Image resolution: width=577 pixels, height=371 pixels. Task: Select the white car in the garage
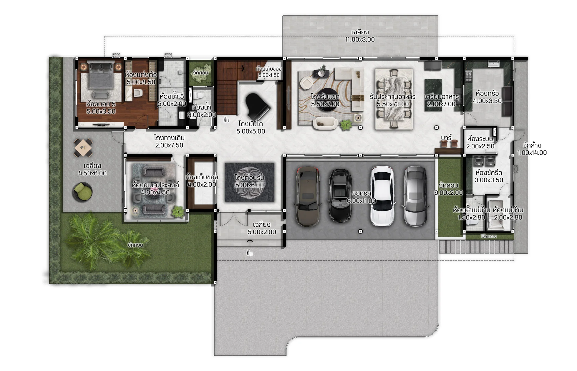coord(383,196)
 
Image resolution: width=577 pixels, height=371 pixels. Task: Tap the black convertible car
coord(340,195)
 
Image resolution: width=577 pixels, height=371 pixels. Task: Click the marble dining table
coord(394,99)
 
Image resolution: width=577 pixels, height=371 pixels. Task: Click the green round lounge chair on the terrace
coord(82,192)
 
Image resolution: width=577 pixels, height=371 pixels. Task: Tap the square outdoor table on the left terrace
coord(83,148)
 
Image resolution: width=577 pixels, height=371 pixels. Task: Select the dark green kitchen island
coord(433,95)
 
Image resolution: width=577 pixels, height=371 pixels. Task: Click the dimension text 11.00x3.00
coord(360,39)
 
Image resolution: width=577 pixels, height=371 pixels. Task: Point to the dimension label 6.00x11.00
coord(362,201)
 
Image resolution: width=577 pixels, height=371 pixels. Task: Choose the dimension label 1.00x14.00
coord(532,153)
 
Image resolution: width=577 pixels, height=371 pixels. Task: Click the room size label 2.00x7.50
coord(169,145)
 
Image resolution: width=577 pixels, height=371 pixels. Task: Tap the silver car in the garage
coord(415,196)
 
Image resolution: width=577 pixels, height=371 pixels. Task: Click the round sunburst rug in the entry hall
coord(250,183)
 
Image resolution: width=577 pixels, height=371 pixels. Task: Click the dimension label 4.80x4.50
coord(155,192)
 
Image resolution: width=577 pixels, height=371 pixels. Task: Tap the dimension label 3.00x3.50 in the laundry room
coord(489,180)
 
